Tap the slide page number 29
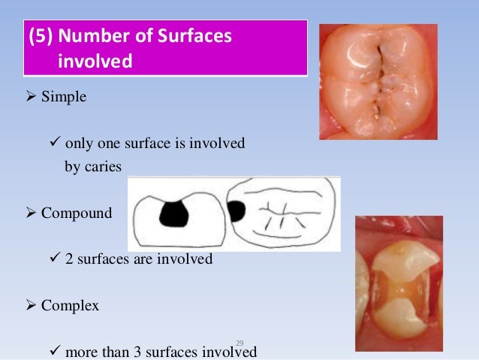[240, 343]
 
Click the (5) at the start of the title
[40, 36]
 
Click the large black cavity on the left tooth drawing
[174, 213]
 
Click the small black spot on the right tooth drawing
[236, 211]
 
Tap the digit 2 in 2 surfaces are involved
[70, 259]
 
